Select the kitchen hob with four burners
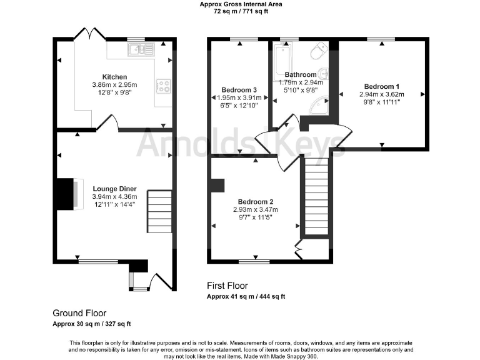[164, 86]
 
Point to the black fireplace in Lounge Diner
[64, 194]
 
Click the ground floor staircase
[159, 211]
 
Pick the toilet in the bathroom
[320, 50]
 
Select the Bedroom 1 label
[382, 86]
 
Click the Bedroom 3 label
[238, 89]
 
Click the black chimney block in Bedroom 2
[217, 186]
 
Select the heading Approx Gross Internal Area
[241, 4]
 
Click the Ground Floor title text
[79, 313]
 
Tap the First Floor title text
[228, 286]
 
